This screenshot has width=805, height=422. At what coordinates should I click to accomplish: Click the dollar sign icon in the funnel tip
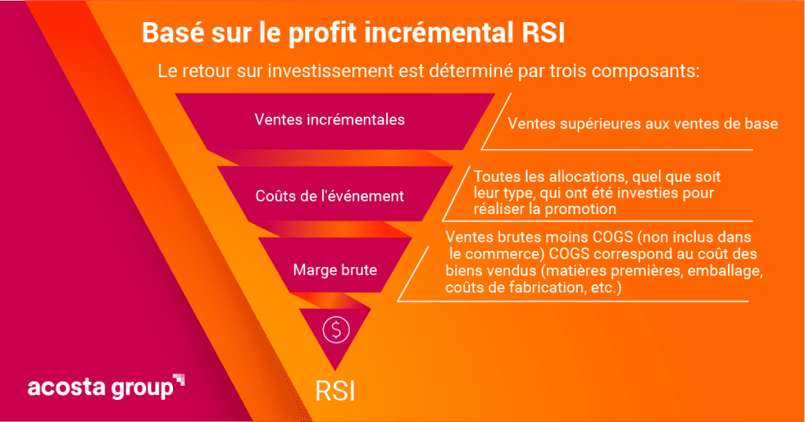pyautogui.click(x=336, y=329)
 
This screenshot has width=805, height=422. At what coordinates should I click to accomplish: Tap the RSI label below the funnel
pyautogui.click(x=335, y=391)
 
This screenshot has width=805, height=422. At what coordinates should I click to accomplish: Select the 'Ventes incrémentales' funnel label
pyautogui.click(x=329, y=120)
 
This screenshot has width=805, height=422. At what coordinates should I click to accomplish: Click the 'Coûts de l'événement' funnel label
pyautogui.click(x=329, y=196)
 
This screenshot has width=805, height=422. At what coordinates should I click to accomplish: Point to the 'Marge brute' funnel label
pyautogui.click(x=335, y=270)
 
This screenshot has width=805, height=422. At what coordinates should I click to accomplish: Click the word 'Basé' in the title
pyautogui.click(x=172, y=32)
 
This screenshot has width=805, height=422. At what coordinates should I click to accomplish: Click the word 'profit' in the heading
pyautogui.click(x=322, y=33)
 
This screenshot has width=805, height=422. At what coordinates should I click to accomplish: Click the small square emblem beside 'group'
pyautogui.click(x=178, y=379)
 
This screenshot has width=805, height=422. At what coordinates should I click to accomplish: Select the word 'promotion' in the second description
pyautogui.click(x=580, y=209)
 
